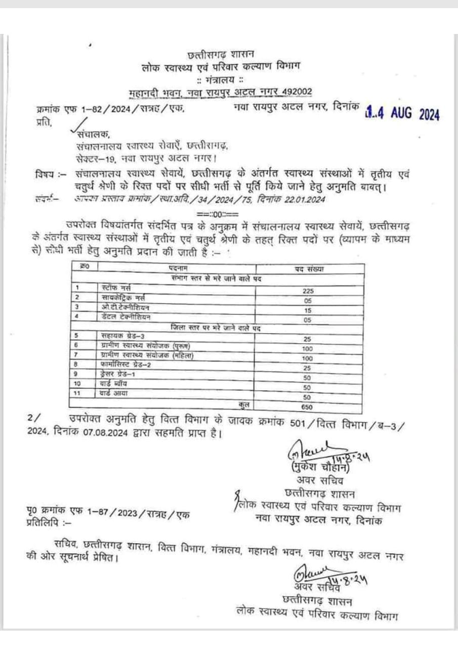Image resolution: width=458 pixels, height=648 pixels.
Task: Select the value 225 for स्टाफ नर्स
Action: click(309, 291)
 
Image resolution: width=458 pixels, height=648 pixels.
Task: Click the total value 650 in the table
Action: click(307, 407)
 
